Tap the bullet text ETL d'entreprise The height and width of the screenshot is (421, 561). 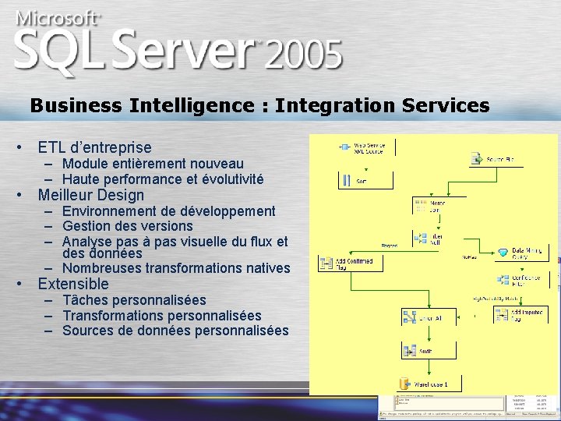(x=94, y=147)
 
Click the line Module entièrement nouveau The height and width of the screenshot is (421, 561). (x=153, y=164)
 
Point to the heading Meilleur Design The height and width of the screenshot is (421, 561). (x=91, y=195)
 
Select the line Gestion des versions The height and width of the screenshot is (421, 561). (x=128, y=226)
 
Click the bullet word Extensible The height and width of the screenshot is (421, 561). (x=73, y=284)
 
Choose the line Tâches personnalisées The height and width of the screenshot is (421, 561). (x=134, y=300)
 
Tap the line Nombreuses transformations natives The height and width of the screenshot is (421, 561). (x=176, y=268)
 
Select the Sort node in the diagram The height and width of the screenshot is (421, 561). (x=355, y=181)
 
